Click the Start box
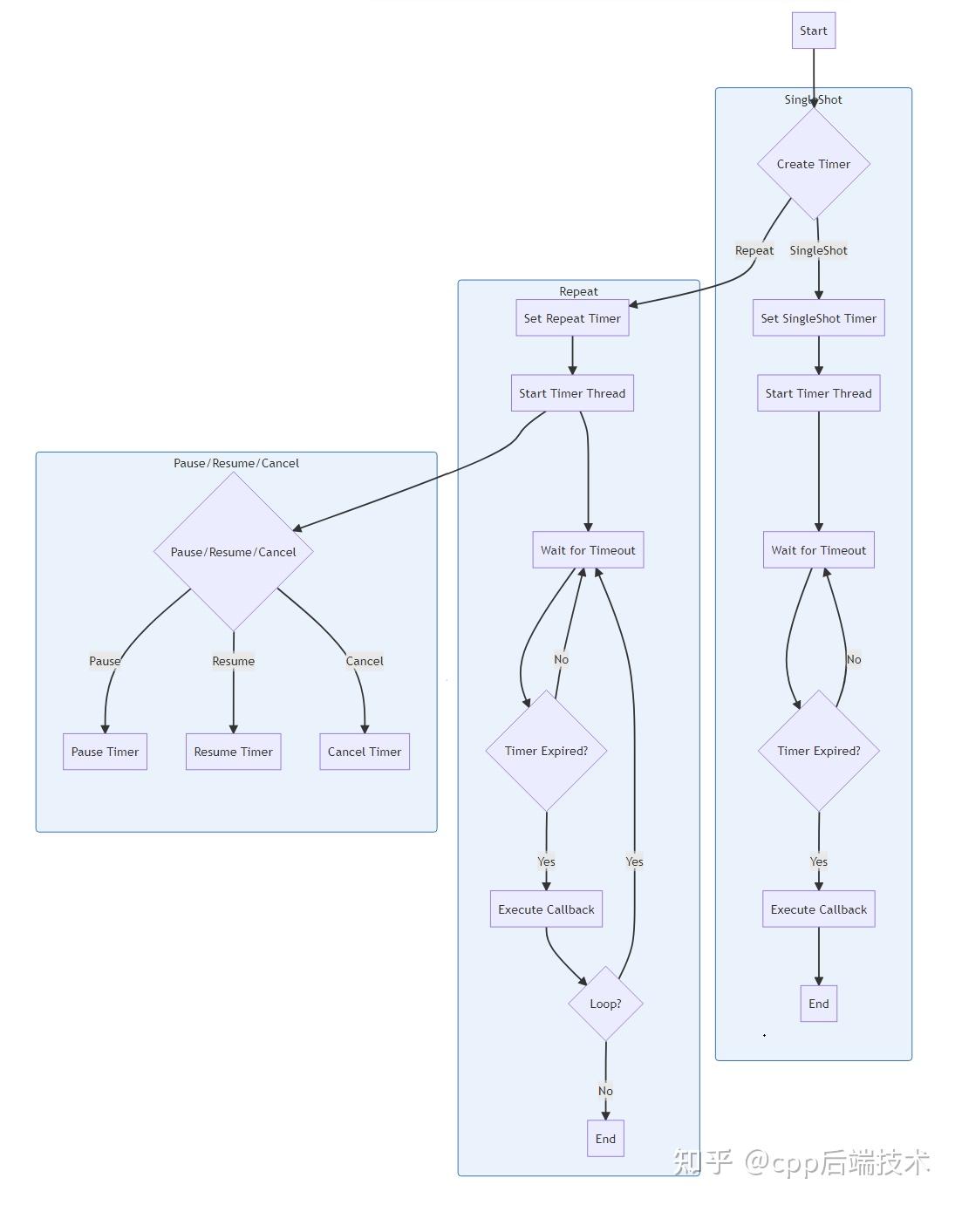pos(814,31)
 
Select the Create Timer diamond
pos(814,164)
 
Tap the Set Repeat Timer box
pos(572,318)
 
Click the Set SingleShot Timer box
pos(818,318)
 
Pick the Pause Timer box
pos(105,752)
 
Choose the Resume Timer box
pos(233,752)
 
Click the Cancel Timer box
pos(364,752)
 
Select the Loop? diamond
pos(605,1004)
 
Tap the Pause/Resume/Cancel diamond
pos(233,552)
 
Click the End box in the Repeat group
pos(605,1139)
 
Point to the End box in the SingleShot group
pos(818,1004)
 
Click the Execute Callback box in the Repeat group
pos(546,909)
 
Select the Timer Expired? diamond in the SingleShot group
pos(818,751)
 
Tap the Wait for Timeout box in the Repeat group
pos(588,550)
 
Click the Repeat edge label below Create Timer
pos(754,250)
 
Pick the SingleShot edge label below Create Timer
pos(818,250)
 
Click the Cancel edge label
pos(364,661)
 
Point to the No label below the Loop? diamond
pos(605,1091)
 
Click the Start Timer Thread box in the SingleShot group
pos(818,393)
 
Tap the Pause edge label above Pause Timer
pos(105,661)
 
